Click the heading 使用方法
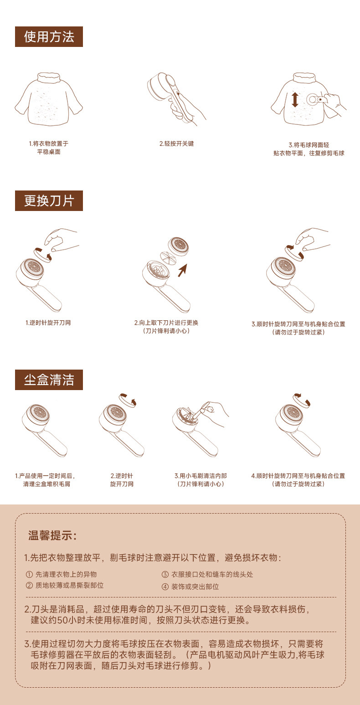(x=49, y=37)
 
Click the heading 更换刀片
(x=49, y=201)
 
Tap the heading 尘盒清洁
(x=49, y=380)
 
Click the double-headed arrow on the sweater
(x=295, y=99)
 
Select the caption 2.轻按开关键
(x=176, y=144)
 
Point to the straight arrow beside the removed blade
(x=183, y=270)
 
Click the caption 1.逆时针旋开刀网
(x=48, y=323)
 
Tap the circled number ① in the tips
(x=29, y=574)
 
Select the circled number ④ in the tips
(x=165, y=587)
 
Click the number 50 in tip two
(x=63, y=620)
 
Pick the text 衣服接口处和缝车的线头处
(x=212, y=574)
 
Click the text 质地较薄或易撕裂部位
(x=70, y=585)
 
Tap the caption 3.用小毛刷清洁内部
(x=201, y=476)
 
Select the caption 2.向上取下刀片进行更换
(x=166, y=323)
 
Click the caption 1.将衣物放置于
(x=49, y=144)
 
